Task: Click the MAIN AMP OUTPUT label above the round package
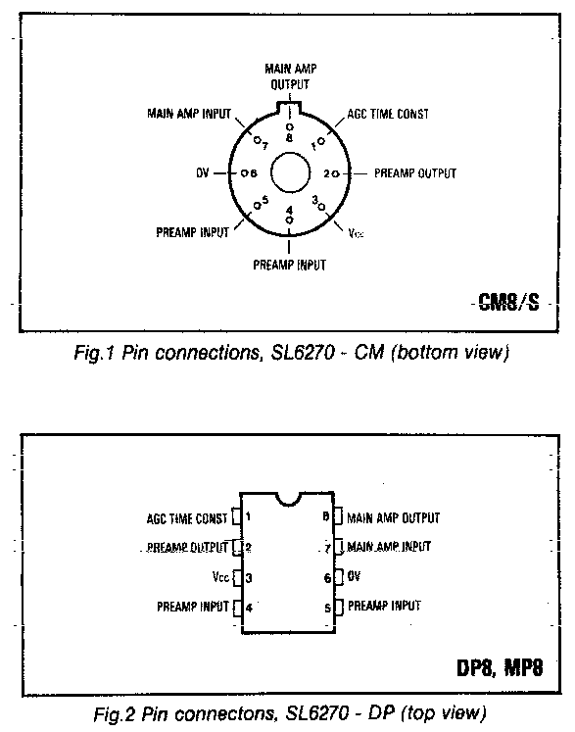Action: coord(290,76)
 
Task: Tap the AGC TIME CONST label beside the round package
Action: coord(388,114)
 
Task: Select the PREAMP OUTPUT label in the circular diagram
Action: coord(415,173)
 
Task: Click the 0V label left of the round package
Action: coord(203,173)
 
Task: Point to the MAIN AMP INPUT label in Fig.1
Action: coord(189,114)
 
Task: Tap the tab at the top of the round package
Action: coord(290,108)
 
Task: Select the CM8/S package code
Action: coord(508,303)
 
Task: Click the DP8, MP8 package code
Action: coord(500,668)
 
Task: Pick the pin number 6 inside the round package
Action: coord(254,173)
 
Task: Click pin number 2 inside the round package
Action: coord(327,173)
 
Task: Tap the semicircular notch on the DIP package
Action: coord(288,499)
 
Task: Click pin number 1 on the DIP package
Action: coord(248,516)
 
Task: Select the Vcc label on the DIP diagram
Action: coord(220,577)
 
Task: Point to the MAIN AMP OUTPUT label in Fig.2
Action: coord(393,517)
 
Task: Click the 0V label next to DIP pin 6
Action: coord(354,576)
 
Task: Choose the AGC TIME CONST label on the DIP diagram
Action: coord(187,518)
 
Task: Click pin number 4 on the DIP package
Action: coord(249,608)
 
